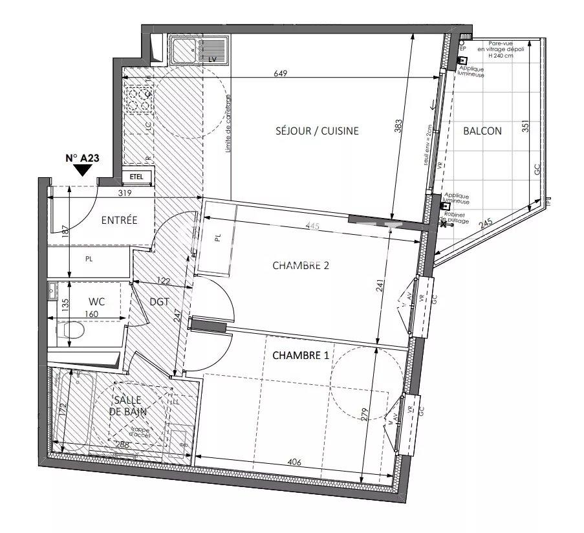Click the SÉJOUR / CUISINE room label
[x=316, y=131]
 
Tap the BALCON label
[x=482, y=131]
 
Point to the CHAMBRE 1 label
[x=303, y=355]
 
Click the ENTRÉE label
[x=119, y=220]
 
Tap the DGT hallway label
[x=158, y=301]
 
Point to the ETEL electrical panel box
[x=136, y=176]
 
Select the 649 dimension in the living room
[x=280, y=74]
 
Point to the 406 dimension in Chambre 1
[x=294, y=462]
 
